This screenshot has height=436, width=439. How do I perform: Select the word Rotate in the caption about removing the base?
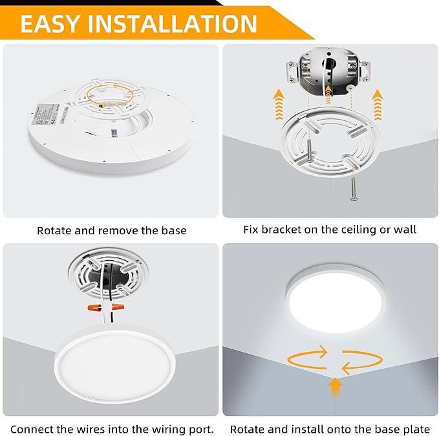(x=55, y=230)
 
